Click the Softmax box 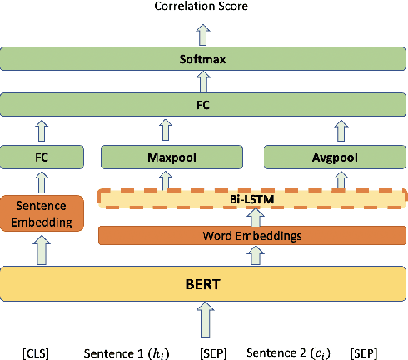coord(203,60)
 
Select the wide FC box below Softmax coord(203,106)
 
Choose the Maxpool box coord(172,156)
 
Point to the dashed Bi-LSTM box coord(252,198)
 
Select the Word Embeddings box coord(252,235)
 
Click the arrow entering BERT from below coord(203,322)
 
